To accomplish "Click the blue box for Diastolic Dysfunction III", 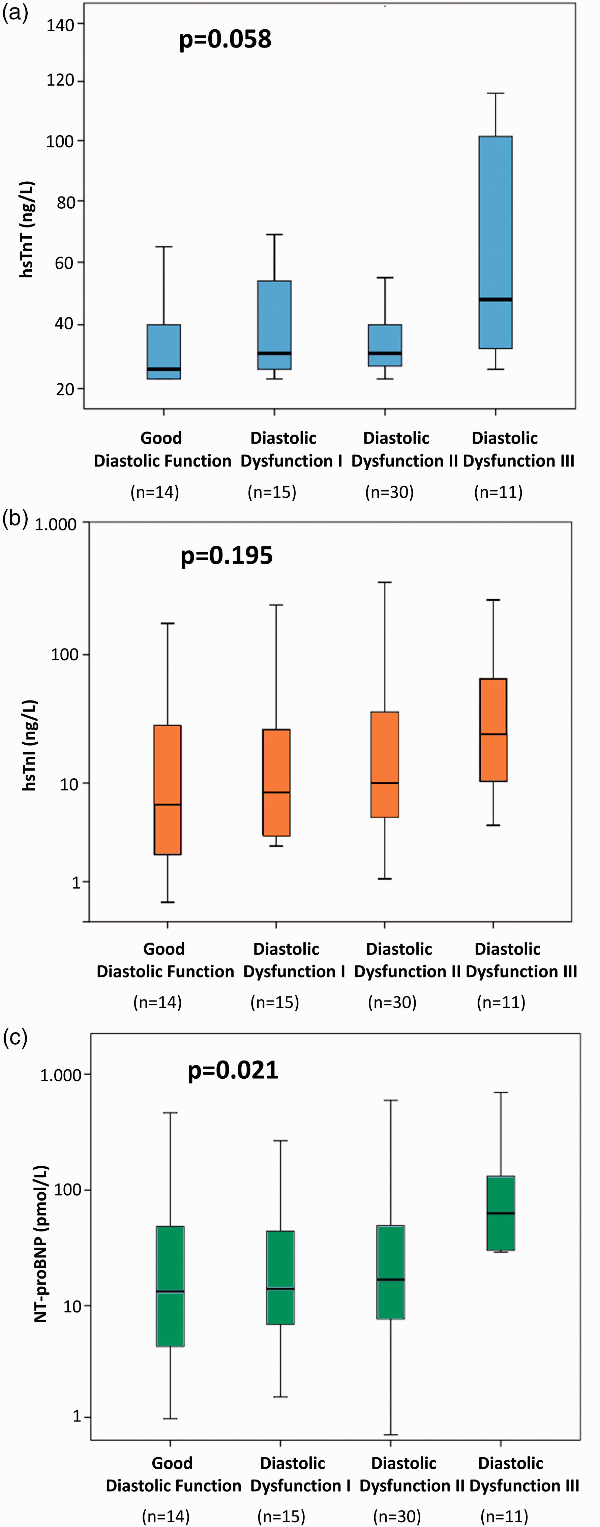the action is click(496, 242).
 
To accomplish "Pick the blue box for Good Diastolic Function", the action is click(163, 352).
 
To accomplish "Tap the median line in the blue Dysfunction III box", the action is click(496, 299).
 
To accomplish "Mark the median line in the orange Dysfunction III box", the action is click(493, 734).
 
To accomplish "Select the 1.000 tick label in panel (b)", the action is click(56, 524).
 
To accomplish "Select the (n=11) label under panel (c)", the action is click(505, 1516).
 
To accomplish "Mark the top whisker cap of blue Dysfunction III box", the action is click(496, 93).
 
